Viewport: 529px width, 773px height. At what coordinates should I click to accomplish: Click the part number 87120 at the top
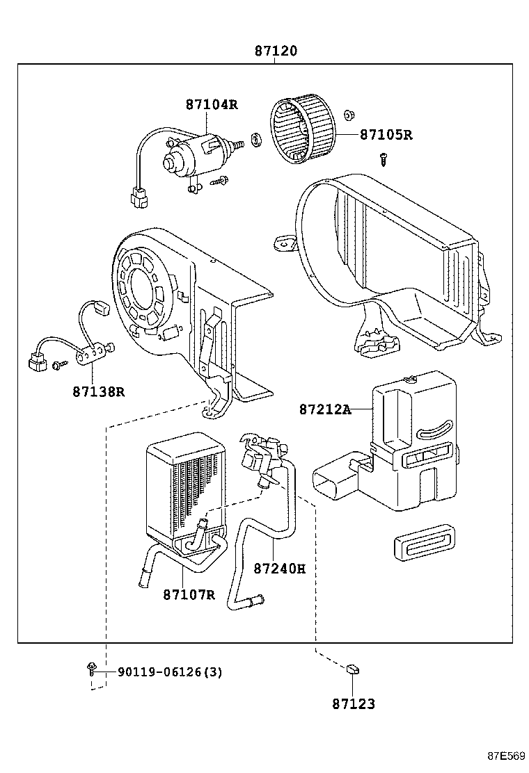pos(275,51)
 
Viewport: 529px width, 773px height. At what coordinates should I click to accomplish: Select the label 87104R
pos(212,105)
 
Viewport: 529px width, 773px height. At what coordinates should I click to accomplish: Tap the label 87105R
pos(386,135)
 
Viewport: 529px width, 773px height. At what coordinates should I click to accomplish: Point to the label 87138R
pos(98,391)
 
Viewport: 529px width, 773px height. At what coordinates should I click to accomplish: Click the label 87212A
pos(325,409)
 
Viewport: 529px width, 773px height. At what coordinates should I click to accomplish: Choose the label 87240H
pos(279,568)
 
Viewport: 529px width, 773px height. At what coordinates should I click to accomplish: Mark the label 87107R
pos(189,594)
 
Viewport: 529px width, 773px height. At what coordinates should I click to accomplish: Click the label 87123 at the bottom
pos(353,704)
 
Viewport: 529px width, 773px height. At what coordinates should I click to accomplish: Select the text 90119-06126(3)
pos(170,672)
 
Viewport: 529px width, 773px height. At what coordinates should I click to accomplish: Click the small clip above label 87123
pos(353,669)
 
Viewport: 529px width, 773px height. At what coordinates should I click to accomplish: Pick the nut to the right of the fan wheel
pos(349,113)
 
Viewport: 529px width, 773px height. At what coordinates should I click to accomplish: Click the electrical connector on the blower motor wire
pos(139,199)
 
